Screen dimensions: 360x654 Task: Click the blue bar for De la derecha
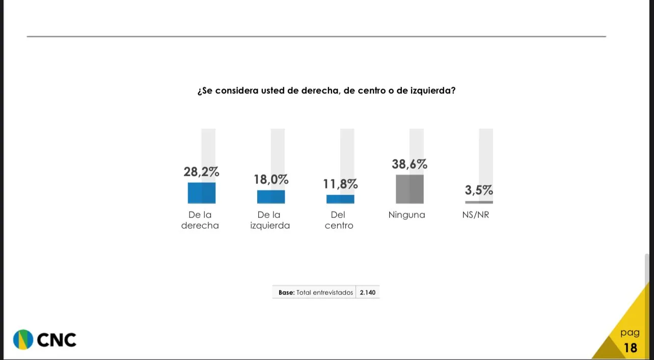point(201,193)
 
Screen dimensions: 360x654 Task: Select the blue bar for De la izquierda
point(270,197)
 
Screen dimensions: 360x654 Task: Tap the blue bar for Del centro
point(340,199)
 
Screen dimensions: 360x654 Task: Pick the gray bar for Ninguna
point(410,189)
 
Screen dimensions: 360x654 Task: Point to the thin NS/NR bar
point(479,202)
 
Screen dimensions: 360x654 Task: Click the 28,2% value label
point(201,172)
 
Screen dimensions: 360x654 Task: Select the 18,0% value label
point(271,180)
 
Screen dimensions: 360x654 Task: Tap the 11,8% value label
point(340,184)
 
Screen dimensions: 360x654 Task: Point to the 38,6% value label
point(410,164)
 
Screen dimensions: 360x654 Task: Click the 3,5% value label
point(479,190)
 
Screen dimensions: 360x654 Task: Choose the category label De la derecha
point(200,220)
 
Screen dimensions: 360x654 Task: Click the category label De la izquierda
point(270,220)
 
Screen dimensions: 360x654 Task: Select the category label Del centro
point(339,220)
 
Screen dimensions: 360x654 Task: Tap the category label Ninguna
point(406,215)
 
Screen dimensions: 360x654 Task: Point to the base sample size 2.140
point(368,293)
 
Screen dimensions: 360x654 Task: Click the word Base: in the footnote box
point(286,293)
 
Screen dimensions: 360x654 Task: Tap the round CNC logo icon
point(23,340)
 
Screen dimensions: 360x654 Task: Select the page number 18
point(630,348)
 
